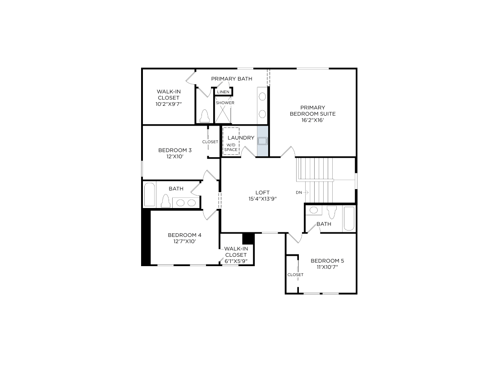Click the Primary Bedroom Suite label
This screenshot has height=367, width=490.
tap(312, 111)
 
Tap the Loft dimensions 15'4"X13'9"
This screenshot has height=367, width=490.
tap(262, 199)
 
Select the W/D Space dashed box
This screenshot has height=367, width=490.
tap(231, 141)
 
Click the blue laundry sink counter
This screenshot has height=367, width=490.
tap(262, 141)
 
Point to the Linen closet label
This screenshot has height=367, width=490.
tap(223, 92)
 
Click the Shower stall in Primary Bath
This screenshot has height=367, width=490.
tap(223, 110)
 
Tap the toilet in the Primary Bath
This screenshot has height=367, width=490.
tap(205, 116)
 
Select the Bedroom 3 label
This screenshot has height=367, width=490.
tap(175, 150)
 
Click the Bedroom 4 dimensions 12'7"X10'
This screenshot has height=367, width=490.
tap(185, 241)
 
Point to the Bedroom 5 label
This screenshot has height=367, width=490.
tap(327, 261)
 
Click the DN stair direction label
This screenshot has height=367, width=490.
tap(299, 193)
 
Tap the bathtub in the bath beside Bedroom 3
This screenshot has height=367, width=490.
tap(149, 195)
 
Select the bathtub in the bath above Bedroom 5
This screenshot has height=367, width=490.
tap(349, 218)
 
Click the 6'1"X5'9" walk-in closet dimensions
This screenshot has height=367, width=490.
tap(236, 261)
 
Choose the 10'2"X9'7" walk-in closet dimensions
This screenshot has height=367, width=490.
tap(169, 104)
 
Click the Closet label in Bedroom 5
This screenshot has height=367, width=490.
tap(295, 275)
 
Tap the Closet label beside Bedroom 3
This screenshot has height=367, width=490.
tap(210, 142)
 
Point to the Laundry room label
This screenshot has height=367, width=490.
tap(241, 138)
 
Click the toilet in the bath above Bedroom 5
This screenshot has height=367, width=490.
tap(332, 212)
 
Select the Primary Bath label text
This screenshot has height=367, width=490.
tap(232, 79)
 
